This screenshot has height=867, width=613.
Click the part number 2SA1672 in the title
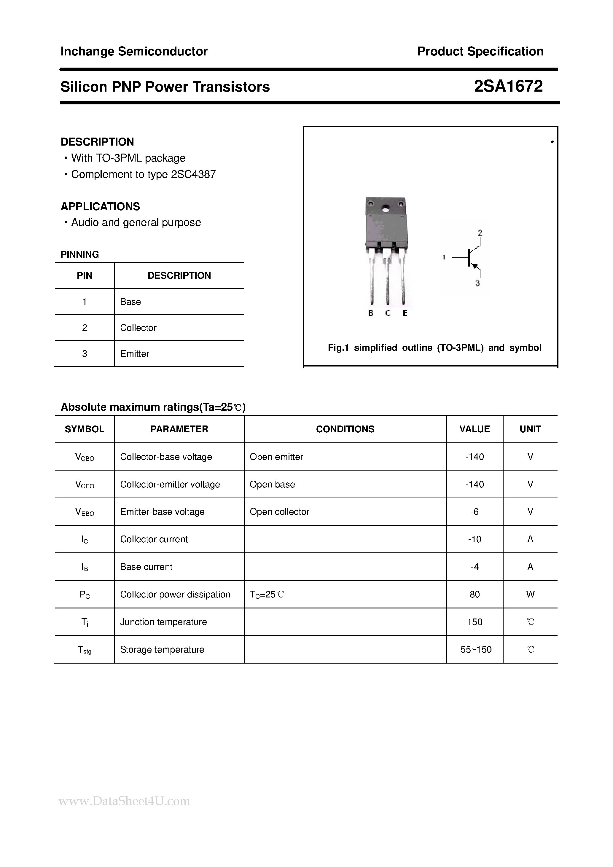(508, 87)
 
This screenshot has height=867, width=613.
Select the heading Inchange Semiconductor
(134, 51)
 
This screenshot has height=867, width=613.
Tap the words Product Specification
(480, 51)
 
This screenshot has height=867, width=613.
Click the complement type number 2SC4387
(193, 174)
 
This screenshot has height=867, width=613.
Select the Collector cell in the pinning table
(138, 328)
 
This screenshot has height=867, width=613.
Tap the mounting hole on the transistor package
(385, 208)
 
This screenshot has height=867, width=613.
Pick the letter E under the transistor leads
(405, 313)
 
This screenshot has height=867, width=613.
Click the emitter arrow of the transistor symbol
(475, 266)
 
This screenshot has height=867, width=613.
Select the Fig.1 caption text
(434, 348)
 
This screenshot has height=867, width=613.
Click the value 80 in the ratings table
(475, 595)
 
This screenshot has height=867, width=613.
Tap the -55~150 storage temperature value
(475, 649)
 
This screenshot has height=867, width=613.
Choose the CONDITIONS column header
(345, 429)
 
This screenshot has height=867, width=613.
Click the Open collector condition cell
(279, 512)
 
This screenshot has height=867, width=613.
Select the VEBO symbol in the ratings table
(85, 512)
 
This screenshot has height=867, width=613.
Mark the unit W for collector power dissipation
(530, 595)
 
